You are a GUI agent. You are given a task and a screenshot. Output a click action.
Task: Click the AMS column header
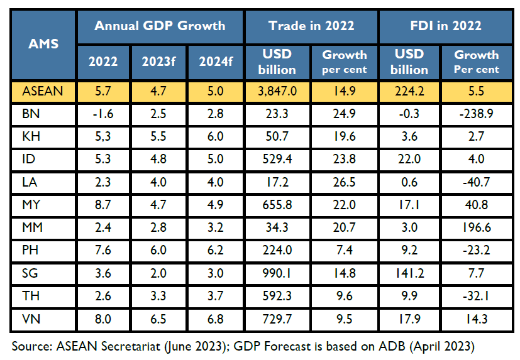(x=44, y=44)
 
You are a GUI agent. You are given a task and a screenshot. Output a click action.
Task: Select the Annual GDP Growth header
(x=160, y=26)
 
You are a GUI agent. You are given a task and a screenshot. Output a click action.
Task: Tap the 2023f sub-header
(x=160, y=62)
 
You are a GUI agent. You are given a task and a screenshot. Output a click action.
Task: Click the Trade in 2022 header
(x=311, y=26)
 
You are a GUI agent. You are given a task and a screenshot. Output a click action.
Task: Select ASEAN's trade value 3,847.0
(x=277, y=91)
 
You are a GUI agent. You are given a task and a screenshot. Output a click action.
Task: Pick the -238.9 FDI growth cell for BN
(x=476, y=114)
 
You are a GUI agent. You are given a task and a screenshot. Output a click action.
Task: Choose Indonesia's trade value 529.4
(x=277, y=160)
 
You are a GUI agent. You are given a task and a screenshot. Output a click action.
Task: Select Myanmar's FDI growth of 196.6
(x=476, y=227)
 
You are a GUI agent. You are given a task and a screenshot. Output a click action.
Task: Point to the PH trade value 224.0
(x=277, y=250)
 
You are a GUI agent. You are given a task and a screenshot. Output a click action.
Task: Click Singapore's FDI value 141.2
(x=409, y=273)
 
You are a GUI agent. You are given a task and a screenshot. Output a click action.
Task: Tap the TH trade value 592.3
(x=277, y=295)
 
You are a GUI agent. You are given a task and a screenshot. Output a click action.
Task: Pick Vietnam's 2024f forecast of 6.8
(x=216, y=318)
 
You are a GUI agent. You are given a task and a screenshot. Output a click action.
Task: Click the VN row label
(x=31, y=318)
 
